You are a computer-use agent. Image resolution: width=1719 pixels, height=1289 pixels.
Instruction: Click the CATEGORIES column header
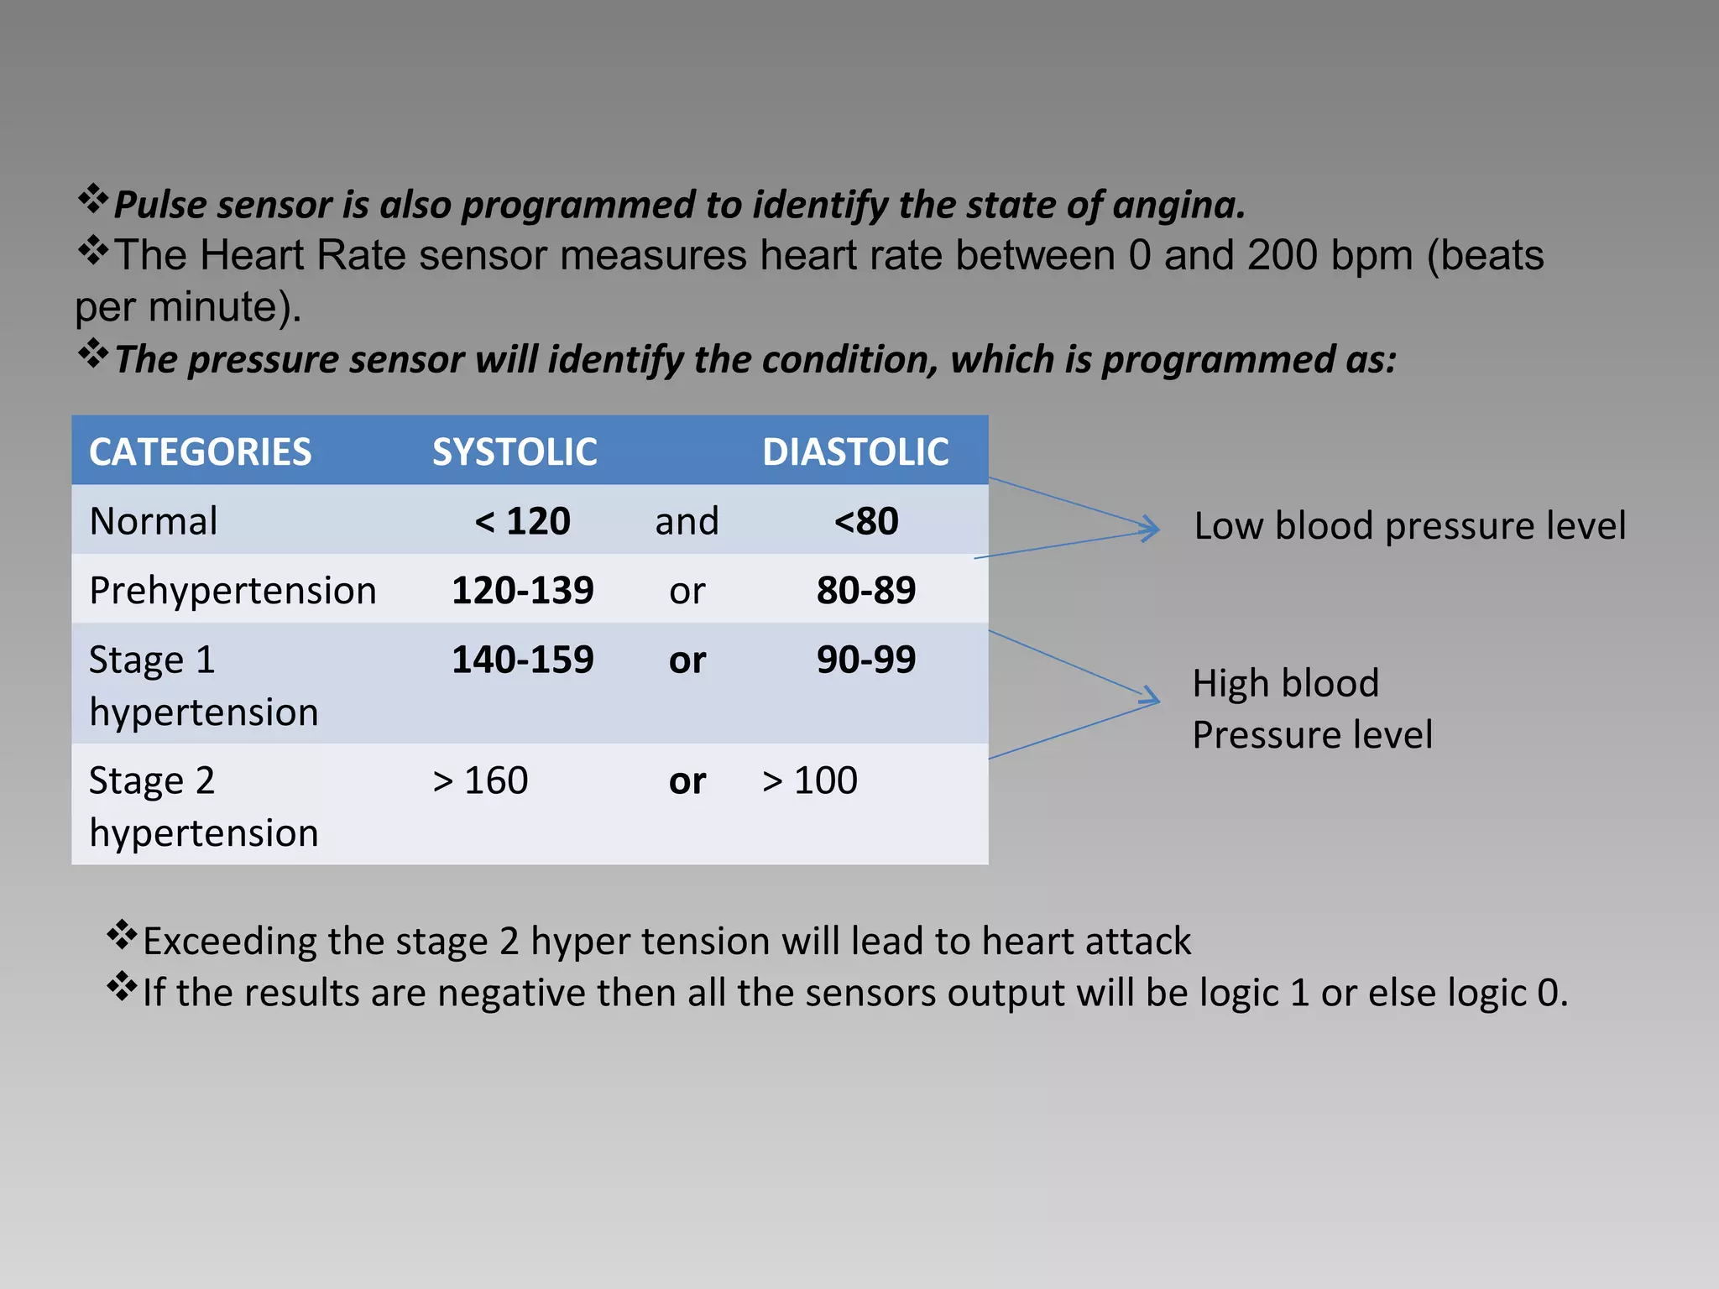coord(200,452)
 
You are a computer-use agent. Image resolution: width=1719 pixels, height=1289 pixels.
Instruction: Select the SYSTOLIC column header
coord(515,452)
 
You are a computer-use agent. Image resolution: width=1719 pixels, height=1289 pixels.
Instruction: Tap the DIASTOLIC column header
coord(855,452)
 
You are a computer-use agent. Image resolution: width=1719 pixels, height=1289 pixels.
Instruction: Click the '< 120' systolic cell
coord(522,521)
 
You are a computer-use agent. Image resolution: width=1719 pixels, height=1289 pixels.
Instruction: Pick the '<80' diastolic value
coord(865,521)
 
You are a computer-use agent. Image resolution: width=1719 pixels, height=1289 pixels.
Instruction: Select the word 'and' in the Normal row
coord(687,521)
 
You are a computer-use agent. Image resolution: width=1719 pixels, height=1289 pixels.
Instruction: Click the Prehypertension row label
coord(233,591)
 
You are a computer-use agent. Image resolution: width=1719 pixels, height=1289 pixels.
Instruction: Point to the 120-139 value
coord(522,591)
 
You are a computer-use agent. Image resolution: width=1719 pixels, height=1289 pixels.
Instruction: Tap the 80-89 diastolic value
coord(865,591)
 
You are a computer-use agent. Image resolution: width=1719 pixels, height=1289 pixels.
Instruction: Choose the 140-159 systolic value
coord(522,660)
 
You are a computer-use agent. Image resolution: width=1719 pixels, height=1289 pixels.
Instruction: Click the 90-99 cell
coord(865,660)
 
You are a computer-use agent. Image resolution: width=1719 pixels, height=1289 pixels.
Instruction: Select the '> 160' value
coord(480,780)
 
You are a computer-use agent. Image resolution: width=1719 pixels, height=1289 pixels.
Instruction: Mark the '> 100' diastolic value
coord(809,780)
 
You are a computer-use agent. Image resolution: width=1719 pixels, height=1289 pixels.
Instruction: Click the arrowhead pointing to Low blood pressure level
coord(1151,529)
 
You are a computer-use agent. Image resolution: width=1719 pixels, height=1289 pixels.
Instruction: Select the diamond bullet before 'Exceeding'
coord(123,935)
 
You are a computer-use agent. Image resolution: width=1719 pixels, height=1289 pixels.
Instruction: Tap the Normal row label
coord(154,521)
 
